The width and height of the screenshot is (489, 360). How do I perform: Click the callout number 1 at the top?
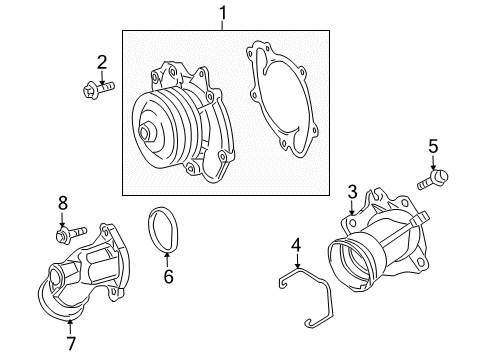pos(223,14)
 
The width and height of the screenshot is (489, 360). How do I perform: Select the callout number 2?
pos(101,64)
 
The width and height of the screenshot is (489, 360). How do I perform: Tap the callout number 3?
pos(352,191)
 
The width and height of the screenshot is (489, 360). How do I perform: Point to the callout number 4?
pos(295,244)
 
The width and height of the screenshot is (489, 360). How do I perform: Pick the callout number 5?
pos(433,147)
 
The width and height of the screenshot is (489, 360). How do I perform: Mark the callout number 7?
pos(71,343)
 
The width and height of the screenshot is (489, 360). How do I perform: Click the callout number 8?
pos(62,203)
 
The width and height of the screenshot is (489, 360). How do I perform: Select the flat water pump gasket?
pos(282,100)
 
